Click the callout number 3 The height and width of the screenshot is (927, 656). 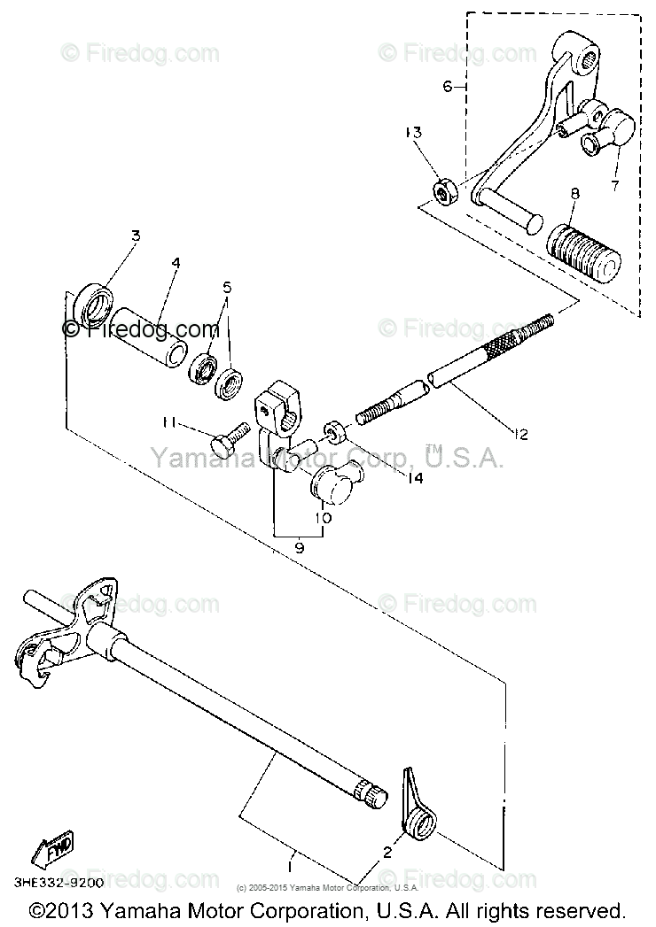coord(136,236)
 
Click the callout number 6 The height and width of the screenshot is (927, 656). coord(448,86)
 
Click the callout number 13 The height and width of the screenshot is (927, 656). coord(414,133)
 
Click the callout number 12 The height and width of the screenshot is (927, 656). coord(519,434)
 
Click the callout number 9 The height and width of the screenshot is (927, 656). coord(299,549)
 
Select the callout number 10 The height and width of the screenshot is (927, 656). coord(324,516)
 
